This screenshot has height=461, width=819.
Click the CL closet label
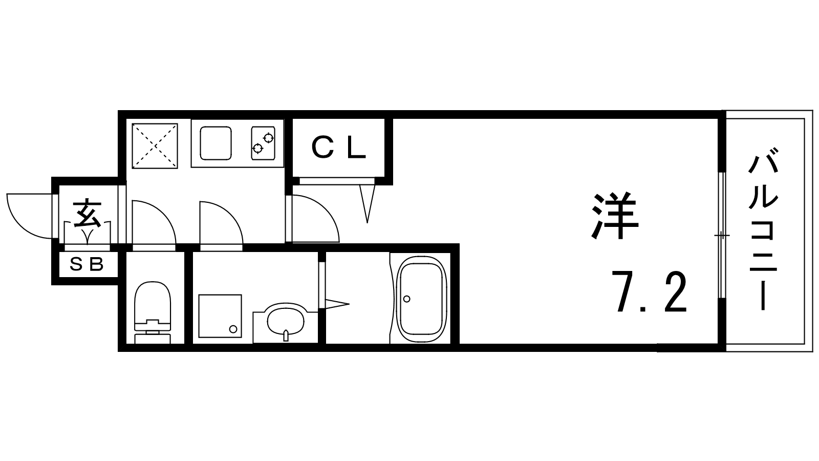338,148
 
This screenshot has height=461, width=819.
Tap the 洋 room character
615,216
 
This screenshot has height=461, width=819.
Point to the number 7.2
650,291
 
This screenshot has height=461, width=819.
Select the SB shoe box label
87,264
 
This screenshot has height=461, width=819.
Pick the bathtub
422,299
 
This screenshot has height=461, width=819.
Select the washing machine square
220,316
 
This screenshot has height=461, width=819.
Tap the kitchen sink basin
215,143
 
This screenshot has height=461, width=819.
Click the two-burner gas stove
263,143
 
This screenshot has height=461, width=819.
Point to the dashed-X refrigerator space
155,146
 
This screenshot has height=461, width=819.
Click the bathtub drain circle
406,299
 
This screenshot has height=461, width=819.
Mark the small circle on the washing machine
233,329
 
